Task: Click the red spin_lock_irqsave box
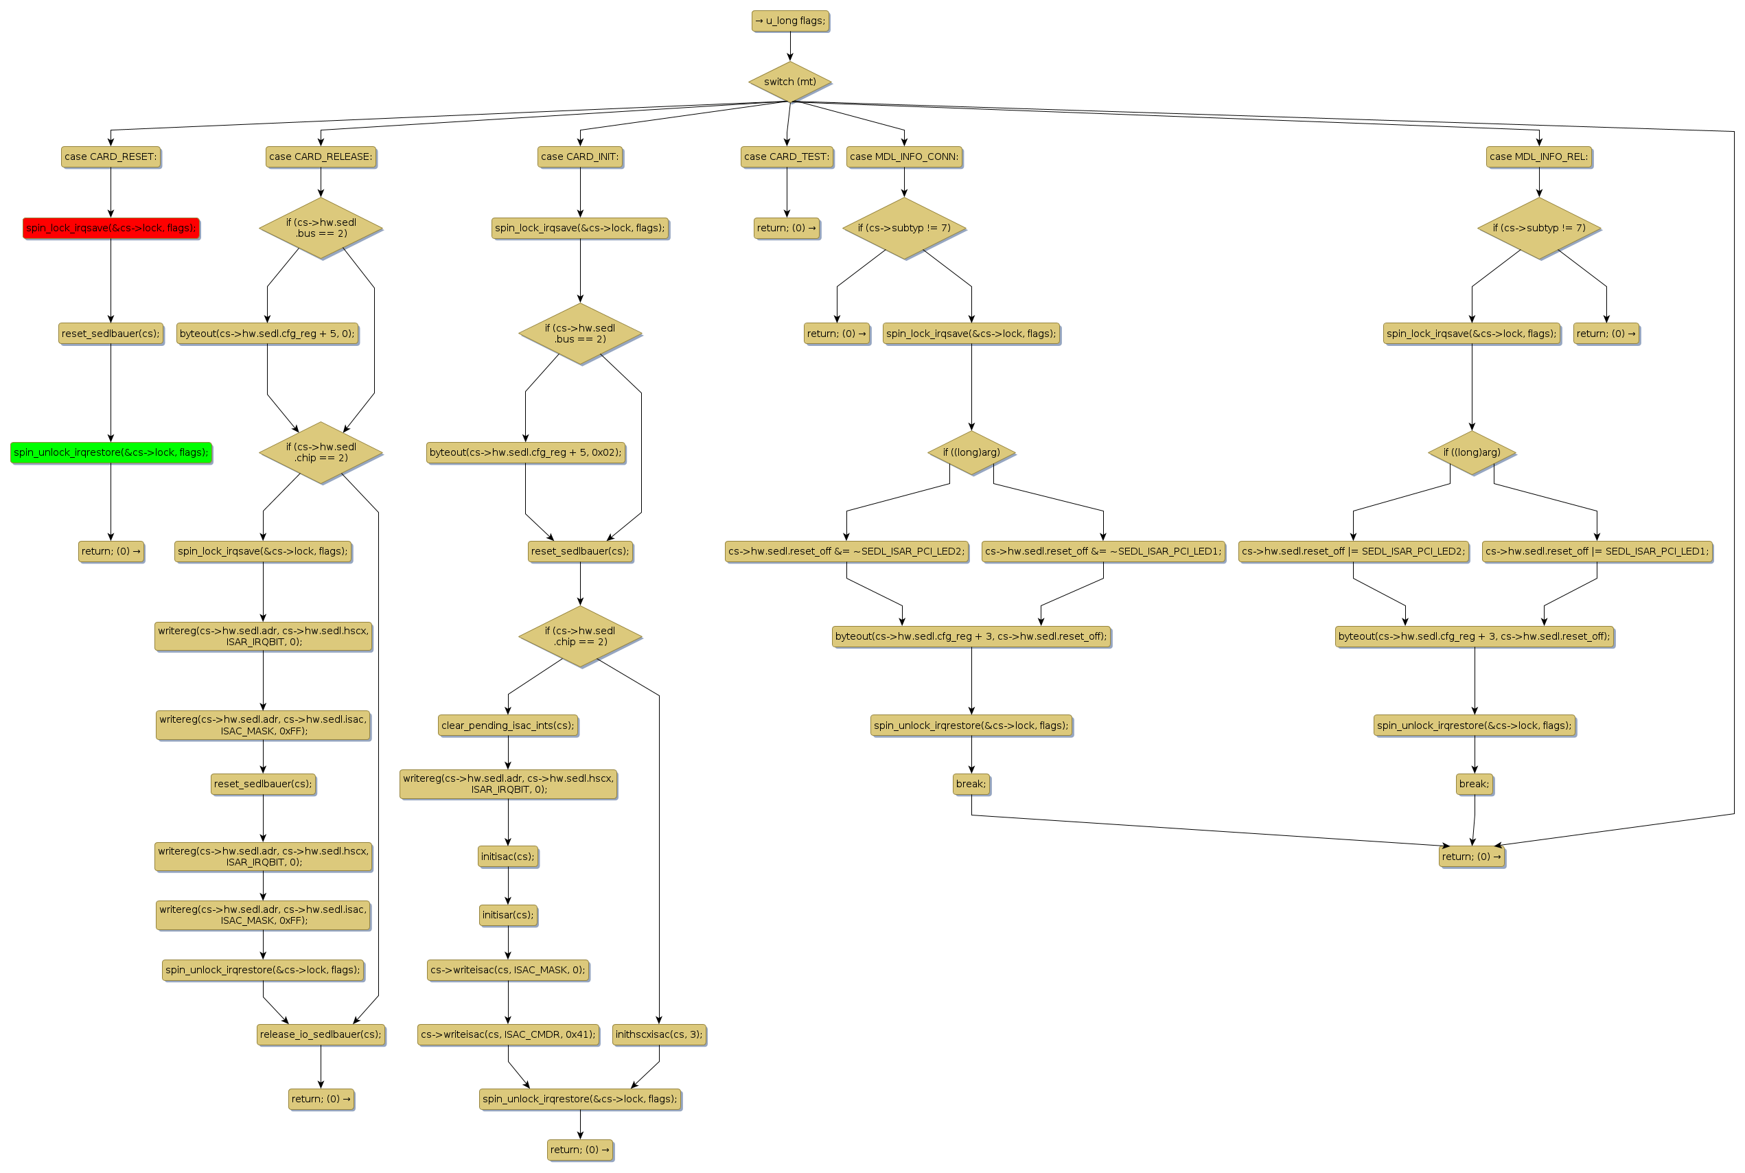coord(111,228)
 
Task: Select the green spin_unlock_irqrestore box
coord(111,452)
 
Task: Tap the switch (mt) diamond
coord(790,82)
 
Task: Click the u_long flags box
coord(790,21)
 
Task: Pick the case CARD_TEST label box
coord(786,156)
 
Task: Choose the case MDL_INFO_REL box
coord(1538,156)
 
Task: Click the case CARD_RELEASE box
coord(321,156)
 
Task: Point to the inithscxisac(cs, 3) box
coord(659,1034)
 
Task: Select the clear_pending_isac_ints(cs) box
coord(508,725)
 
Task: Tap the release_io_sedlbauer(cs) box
coord(321,1034)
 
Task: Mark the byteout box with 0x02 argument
coord(525,452)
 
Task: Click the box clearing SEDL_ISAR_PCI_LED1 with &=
coord(1102,551)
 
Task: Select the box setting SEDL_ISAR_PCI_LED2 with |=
coord(1353,551)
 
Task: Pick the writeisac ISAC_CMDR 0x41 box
coord(508,1034)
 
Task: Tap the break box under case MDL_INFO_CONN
coord(971,784)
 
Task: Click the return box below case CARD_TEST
coord(786,228)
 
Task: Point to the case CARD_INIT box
coord(579,156)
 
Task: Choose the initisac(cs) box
coord(508,857)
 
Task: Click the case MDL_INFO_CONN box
coord(903,156)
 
